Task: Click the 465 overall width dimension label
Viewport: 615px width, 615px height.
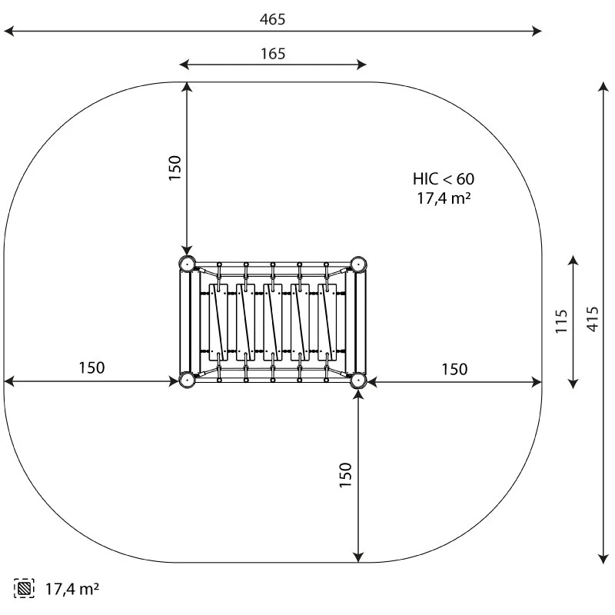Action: click(x=273, y=19)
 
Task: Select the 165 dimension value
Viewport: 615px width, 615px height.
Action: click(x=273, y=54)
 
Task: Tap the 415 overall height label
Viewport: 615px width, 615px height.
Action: click(x=593, y=319)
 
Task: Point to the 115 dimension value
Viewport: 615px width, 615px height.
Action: click(x=562, y=321)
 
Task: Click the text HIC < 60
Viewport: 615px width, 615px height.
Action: click(x=444, y=179)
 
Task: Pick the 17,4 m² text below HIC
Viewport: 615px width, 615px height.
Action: click(x=444, y=198)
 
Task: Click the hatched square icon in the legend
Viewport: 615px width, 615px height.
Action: click(x=24, y=588)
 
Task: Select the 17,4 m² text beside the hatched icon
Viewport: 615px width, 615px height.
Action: click(x=72, y=589)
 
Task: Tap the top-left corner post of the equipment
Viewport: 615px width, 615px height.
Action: click(x=187, y=264)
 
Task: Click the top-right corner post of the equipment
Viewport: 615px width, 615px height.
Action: click(x=358, y=264)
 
